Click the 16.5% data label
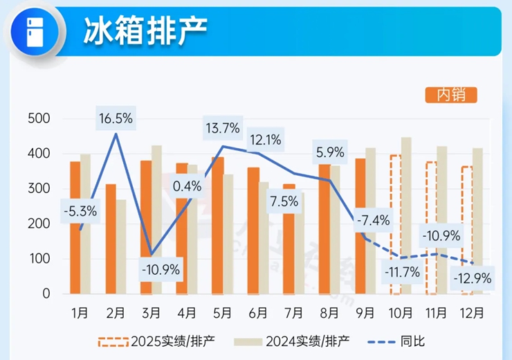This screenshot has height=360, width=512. click(x=116, y=118)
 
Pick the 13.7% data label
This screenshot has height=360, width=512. click(x=222, y=127)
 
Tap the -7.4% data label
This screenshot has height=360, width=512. click(x=374, y=222)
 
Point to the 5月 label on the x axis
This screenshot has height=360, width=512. click(x=222, y=312)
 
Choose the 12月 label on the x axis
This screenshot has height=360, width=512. click(x=473, y=312)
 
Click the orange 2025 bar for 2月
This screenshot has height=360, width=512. click(x=111, y=239)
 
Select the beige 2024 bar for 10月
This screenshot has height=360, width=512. click(x=406, y=215)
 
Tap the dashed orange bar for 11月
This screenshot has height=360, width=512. click(x=431, y=228)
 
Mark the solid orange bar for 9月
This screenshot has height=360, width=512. click(x=360, y=226)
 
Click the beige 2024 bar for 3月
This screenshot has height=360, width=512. click(x=156, y=219)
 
